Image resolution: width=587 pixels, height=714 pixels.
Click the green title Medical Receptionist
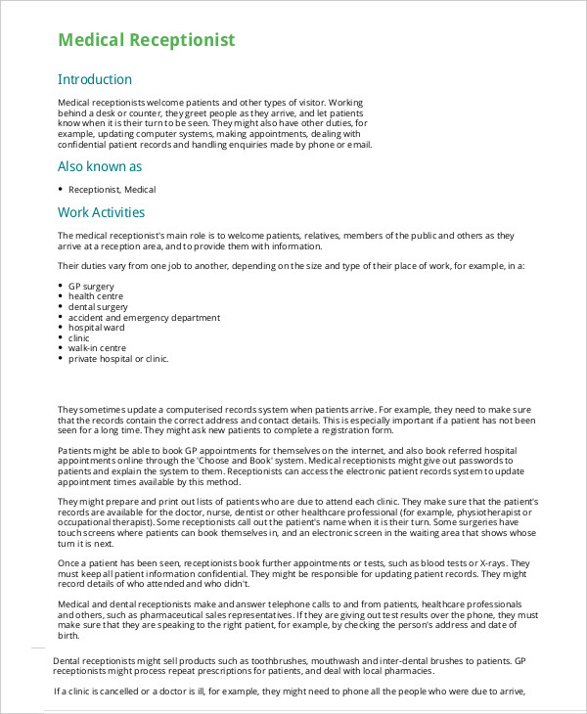coord(146,40)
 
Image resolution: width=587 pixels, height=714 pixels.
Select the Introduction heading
coord(94,79)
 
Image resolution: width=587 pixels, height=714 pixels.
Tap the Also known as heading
coord(100,166)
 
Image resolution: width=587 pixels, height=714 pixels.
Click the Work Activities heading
coord(101,212)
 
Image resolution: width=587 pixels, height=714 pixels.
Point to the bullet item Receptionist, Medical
coord(112,190)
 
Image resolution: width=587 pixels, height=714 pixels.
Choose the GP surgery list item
coord(92,286)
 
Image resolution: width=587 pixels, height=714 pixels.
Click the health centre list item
coord(96,295)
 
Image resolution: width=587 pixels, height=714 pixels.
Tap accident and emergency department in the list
coord(144,317)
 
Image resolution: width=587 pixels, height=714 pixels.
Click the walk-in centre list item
coord(97,348)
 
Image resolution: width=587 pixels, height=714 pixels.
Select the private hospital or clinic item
coord(118,359)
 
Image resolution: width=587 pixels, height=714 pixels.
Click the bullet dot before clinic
coord(61,338)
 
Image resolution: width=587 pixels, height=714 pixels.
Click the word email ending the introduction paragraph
coord(360,145)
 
